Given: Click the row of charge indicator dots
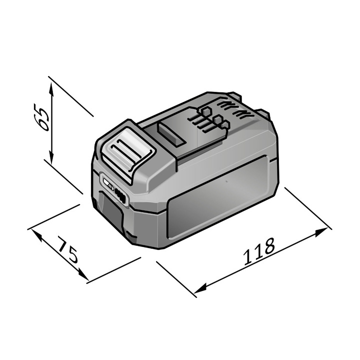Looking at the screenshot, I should [x=120, y=194].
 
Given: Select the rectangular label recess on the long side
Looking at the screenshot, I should [x=220, y=200].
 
